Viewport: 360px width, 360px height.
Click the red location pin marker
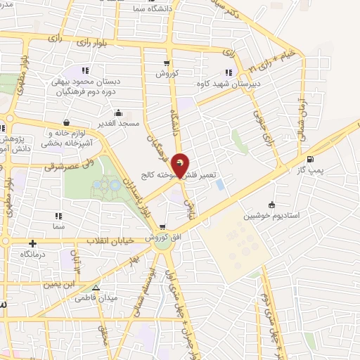180,165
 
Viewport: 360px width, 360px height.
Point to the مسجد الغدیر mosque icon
118,112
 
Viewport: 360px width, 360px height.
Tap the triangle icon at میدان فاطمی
96,288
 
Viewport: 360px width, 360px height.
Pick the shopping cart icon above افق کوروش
162,227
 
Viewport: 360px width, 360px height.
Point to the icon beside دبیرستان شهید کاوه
228,72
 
